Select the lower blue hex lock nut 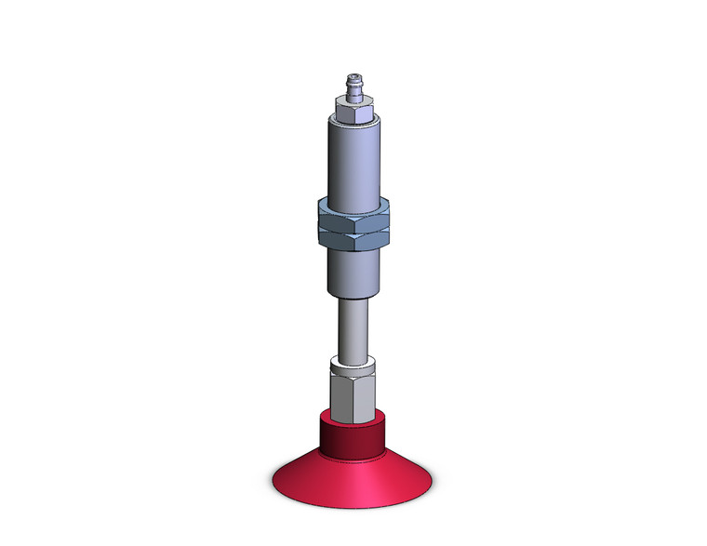353,237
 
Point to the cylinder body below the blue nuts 353,273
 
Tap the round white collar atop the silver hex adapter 353,363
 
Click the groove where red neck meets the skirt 353,453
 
